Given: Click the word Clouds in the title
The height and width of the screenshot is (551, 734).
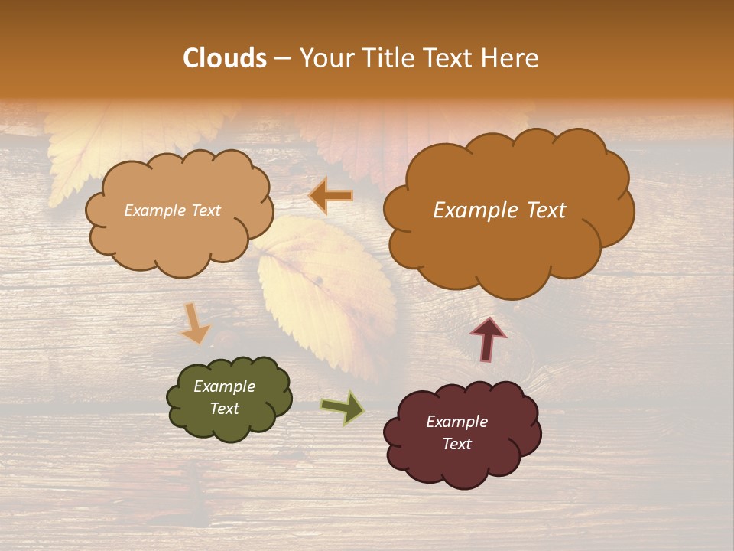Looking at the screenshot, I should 224,58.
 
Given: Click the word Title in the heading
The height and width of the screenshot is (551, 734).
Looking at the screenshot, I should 385,58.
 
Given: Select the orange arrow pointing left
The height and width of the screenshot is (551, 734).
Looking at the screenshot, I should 331,196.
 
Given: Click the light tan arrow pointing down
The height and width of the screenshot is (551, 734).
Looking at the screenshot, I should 194,322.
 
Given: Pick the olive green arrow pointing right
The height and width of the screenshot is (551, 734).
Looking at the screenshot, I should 343,407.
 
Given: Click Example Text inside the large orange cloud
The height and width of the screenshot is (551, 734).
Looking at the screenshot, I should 499,210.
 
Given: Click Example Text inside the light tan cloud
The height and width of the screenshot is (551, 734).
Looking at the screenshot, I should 172,210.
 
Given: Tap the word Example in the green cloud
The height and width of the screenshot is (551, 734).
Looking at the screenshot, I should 224,386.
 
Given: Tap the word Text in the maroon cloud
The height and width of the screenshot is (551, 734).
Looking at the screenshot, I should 456,444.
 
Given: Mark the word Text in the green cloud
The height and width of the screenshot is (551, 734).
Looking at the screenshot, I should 224,409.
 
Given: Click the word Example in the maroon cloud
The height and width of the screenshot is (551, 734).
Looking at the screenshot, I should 456,422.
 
